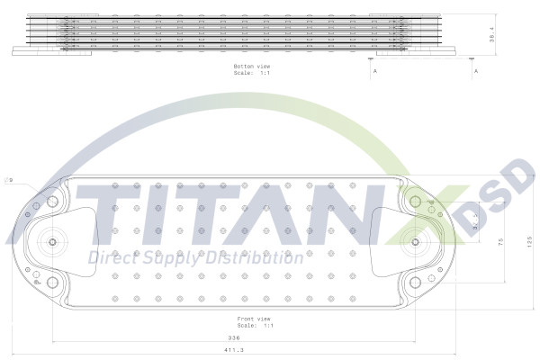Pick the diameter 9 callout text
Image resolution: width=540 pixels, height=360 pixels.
tap(10, 180)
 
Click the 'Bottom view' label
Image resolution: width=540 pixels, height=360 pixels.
tap(252, 67)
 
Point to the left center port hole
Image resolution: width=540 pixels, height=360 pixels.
tap(52, 243)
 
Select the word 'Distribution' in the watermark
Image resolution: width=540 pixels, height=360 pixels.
tap(253, 259)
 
